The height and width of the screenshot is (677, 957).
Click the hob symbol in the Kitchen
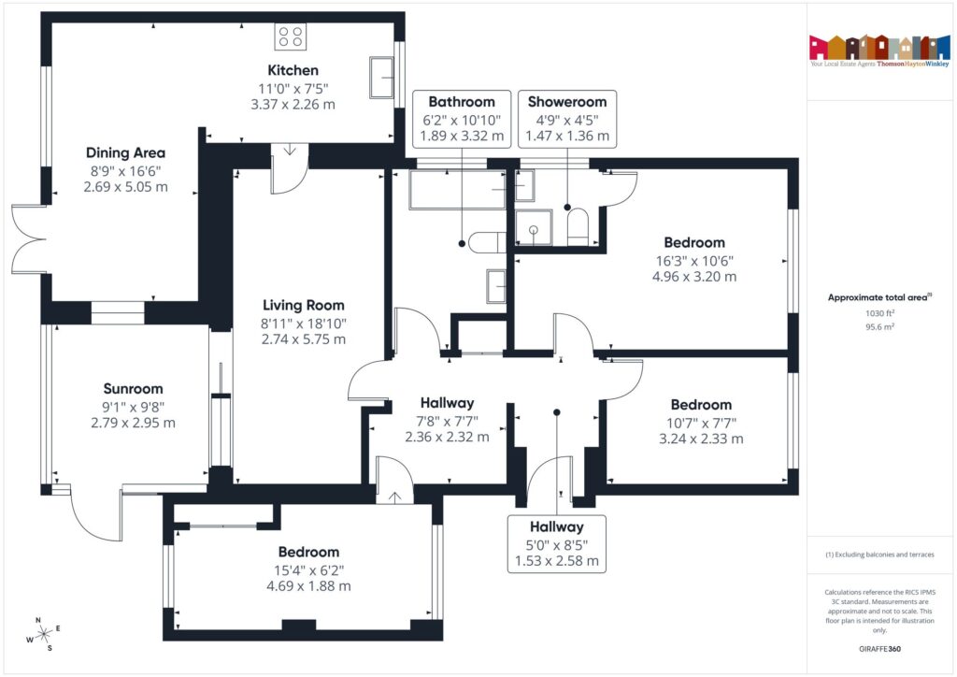click(291, 36)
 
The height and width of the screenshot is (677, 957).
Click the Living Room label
click(303, 305)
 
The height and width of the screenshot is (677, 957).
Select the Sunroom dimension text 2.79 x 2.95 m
click(133, 423)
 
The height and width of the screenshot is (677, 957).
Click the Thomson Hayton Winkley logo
click(878, 51)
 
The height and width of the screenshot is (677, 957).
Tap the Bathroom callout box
click(462, 119)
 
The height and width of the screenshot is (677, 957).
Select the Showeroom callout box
click(567, 119)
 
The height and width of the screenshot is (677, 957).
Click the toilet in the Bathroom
click(484, 243)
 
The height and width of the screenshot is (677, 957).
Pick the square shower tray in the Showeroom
click(534, 227)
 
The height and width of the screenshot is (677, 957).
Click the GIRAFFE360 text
click(878, 648)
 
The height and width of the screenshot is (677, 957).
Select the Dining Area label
click(125, 152)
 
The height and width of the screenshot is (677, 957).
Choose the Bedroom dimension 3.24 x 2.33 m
click(701, 438)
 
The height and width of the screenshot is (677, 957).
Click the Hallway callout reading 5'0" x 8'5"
click(557, 544)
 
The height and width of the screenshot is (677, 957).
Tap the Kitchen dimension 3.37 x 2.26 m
click(293, 104)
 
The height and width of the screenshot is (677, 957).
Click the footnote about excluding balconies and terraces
click(878, 555)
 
